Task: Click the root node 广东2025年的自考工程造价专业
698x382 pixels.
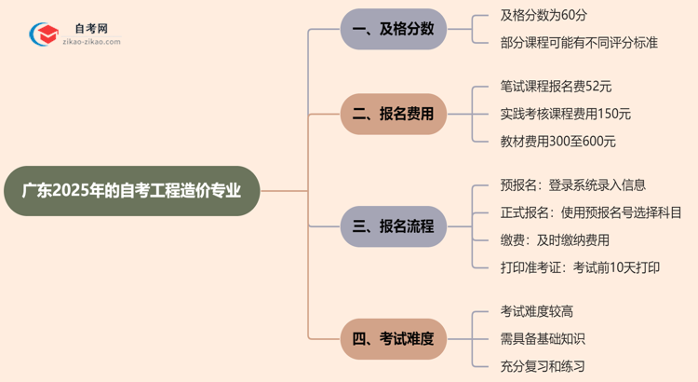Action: [x=131, y=191]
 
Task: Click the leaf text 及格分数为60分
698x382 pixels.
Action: [x=544, y=16]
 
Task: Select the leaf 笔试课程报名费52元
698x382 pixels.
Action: [x=556, y=87]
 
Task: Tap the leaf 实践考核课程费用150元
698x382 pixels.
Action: [x=565, y=114]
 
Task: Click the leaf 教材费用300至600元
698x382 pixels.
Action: [x=557, y=142]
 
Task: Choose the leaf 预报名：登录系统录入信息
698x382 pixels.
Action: [x=572, y=185]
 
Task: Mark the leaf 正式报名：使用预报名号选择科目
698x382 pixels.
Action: [x=590, y=212]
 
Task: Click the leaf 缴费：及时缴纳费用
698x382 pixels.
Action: [x=555, y=240]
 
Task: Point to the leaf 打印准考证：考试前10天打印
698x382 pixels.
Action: [x=580, y=267]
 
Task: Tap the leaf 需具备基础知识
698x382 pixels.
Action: [x=543, y=339]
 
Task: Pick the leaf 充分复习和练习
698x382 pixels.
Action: [x=543, y=366]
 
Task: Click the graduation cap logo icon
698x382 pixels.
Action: [x=43, y=34]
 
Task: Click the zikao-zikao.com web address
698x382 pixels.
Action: [x=91, y=42]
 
